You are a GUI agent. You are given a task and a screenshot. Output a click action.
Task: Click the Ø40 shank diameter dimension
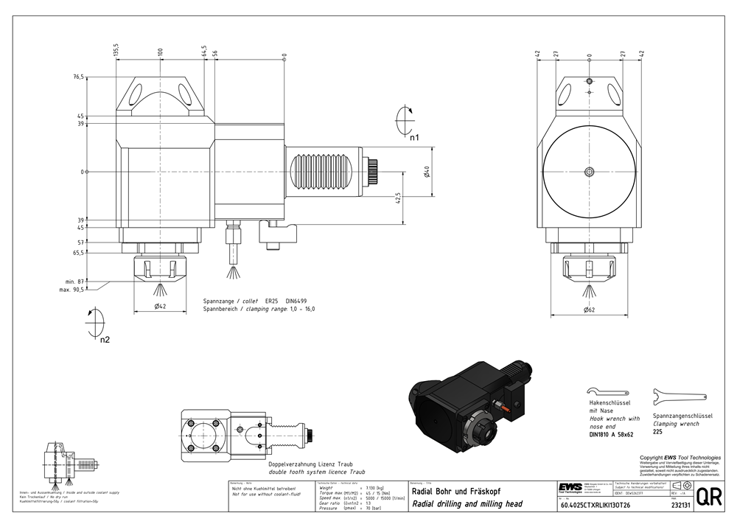pos(425,172)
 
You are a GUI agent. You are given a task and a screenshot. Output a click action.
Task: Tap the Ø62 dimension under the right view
pos(589,310)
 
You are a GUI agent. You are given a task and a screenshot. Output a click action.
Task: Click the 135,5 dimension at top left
pos(116,51)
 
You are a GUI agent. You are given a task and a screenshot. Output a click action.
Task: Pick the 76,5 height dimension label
pos(78,77)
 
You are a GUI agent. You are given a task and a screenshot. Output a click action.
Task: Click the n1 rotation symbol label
pos(414,137)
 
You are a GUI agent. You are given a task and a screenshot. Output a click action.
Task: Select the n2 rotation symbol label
pos(105,341)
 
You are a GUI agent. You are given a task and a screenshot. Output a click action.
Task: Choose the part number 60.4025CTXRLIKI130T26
pos(596,505)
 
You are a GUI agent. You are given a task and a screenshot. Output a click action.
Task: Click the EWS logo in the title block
pos(568,488)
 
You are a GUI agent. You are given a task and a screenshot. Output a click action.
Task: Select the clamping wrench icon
pos(679,395)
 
